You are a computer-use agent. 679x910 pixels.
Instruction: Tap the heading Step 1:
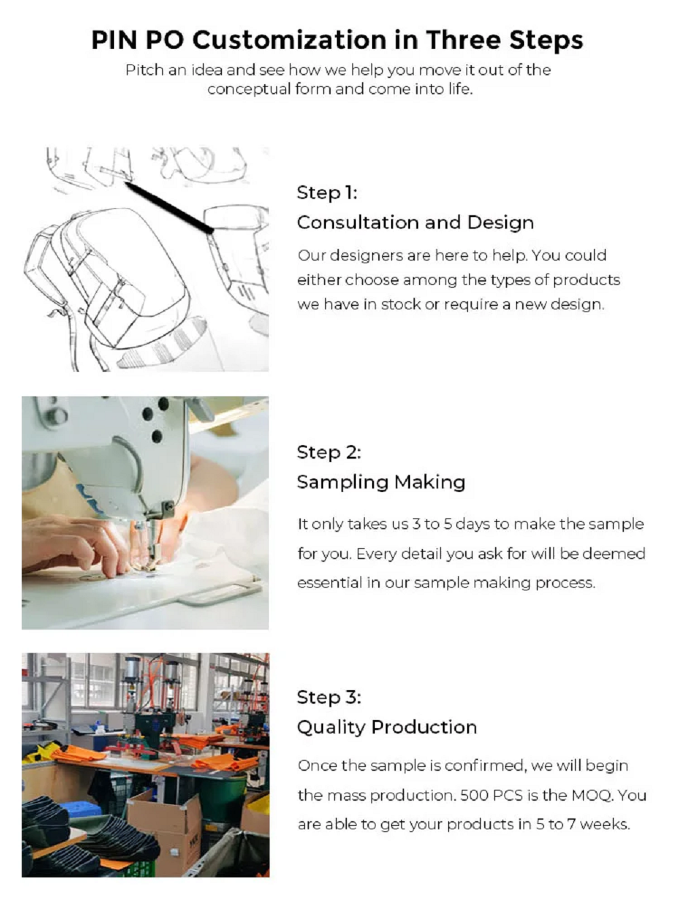coord(327,193)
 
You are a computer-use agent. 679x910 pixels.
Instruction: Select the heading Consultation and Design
coord(415,223)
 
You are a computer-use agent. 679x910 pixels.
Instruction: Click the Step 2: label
coord(329,453)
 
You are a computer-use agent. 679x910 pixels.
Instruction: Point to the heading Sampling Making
coord(381,482)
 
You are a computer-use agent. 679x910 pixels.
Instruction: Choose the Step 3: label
coord(329,698)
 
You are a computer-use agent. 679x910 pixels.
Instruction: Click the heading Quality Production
coord(387,727)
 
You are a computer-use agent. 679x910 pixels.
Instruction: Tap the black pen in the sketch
coord(169,208)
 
